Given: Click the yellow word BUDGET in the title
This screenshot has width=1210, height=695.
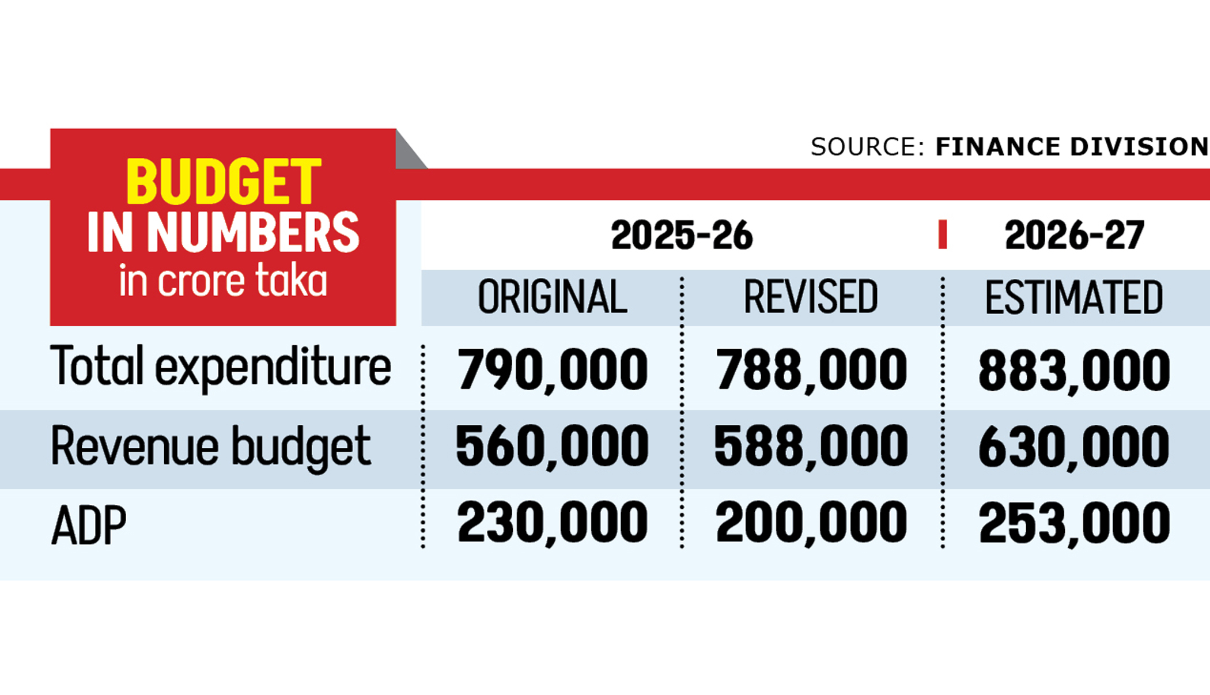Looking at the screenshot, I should pos(223,182).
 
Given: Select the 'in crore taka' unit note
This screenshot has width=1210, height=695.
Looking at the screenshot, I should pos(223,281).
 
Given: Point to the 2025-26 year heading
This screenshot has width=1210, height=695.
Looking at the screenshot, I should pos(682,235).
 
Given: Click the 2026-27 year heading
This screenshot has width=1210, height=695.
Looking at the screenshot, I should pos(1074,235).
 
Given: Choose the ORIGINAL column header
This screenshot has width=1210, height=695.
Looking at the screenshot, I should pos(552,297).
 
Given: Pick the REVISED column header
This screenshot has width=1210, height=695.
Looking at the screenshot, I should pos(811,297).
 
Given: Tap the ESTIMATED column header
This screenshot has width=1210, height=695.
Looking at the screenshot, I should pos(1074,297).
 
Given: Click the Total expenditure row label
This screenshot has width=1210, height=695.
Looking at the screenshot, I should pos(221,367).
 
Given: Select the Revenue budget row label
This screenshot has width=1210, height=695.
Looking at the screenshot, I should pos(211,446).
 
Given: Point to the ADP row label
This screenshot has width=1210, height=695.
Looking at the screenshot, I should pos(89,526).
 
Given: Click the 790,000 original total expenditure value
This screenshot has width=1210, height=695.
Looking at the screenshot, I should pos(552,370).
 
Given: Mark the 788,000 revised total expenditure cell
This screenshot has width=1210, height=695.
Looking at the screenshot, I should pos(811,370).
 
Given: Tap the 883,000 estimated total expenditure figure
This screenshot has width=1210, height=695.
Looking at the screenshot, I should pos(1074,370).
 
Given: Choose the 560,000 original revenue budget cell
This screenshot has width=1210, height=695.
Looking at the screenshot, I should pos(552,446).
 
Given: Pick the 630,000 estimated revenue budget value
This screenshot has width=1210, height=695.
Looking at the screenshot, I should pos(1074,446).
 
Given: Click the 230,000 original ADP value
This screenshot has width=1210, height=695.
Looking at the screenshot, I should pos(552,523).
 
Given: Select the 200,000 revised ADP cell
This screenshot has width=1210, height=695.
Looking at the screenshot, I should pos(811,523).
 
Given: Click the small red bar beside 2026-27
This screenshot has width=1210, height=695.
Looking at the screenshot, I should pos(943,235).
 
